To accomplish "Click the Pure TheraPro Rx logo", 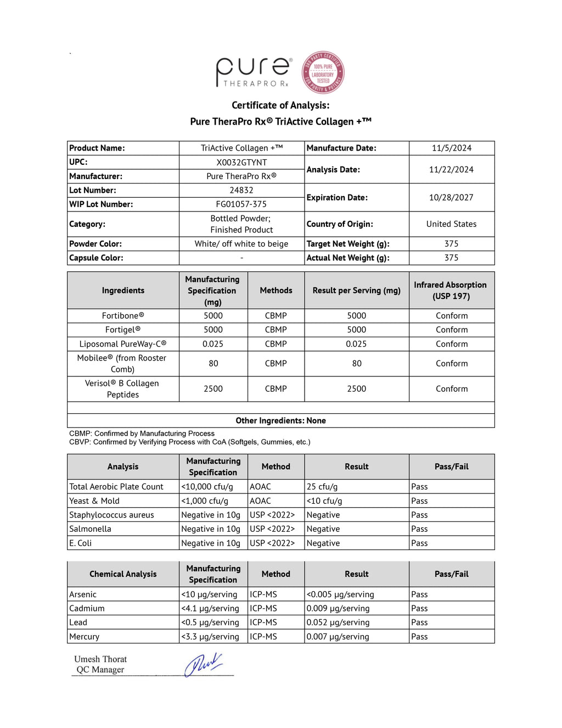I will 253,72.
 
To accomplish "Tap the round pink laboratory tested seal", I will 323,73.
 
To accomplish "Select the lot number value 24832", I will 241,190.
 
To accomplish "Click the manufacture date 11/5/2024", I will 451,148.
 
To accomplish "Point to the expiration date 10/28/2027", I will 451,197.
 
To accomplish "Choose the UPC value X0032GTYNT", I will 241,162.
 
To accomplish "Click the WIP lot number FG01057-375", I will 241,204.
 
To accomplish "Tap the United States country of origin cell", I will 451,224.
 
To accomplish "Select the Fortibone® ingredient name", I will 123,315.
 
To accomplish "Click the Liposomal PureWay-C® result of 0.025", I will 356,344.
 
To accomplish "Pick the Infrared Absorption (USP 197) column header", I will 450,290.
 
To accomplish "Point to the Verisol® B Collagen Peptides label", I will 122,388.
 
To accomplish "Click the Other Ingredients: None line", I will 280,420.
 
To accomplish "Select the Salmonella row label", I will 91,529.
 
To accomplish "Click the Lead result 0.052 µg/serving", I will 338,622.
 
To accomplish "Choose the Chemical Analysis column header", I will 123,574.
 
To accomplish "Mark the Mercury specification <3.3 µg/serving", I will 210,636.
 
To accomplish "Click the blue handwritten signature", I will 204,664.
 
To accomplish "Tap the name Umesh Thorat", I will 100,659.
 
